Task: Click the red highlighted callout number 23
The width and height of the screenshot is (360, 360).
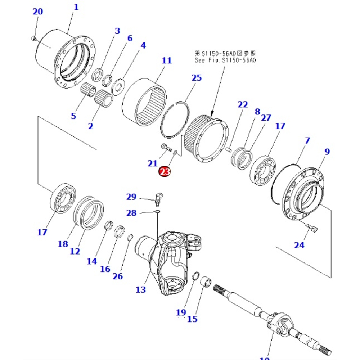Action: click(x=165, y=172)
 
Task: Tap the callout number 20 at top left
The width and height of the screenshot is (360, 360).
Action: click(x=37, y=12)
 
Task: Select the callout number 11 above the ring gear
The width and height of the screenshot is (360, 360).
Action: click(x=167, y=60)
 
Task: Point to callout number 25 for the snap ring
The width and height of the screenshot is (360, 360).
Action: click(x=197, y=78)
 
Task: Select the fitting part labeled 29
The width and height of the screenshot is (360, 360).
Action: click(x=159, y=198)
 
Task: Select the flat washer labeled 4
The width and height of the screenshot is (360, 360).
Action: click(x=118, y=86)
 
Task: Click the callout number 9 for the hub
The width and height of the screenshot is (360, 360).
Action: click(x=327, y=152)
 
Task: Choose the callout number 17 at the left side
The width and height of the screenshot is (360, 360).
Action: click(x=42, y=232)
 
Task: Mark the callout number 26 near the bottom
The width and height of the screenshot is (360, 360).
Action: click(x=117, y=276)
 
